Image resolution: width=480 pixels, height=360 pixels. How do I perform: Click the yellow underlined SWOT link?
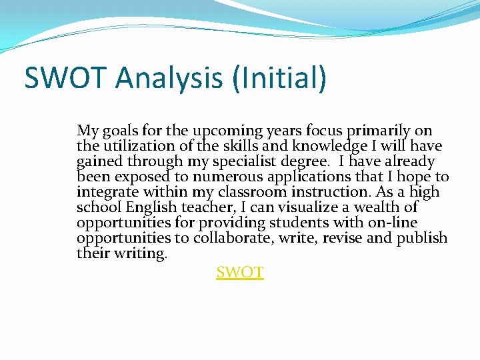[x=240, y=272]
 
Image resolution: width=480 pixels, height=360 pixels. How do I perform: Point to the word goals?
[x=119, y=131]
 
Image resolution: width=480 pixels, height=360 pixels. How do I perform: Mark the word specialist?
[x=257, y=161]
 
